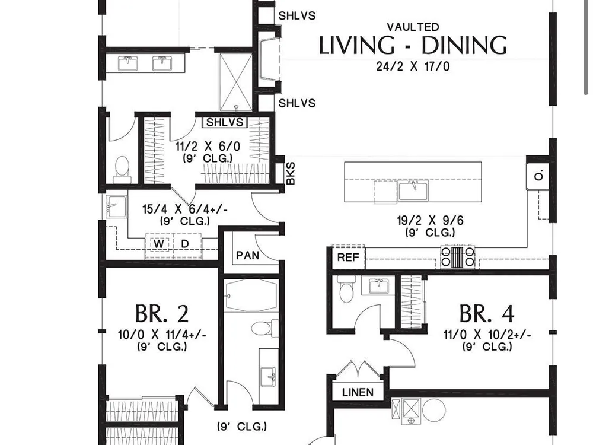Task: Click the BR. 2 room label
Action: pos(162,313)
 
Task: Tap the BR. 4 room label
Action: pos(487,313)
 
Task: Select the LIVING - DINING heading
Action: pos(413,45)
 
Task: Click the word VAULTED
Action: pos(413,27)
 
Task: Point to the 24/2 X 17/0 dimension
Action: pos(413,66)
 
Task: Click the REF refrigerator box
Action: pos(348,258)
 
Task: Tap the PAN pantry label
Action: pos(248,255)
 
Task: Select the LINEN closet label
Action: pos(358,392)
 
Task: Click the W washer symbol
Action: pos(159,244)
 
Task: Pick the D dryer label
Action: pos(184,244)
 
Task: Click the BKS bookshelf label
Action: pos(291,173)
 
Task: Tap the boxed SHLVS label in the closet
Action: pos(225,122)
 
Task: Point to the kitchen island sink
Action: pos(413,190)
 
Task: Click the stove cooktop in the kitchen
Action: pos(458,256)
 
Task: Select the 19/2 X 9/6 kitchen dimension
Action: pos(430,220)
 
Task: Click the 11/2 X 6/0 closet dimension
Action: pos(208,147)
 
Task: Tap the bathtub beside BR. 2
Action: pos(251,296)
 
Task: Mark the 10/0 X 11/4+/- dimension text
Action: pos(162,335)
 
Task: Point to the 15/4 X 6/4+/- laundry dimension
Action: pos(184,209)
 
